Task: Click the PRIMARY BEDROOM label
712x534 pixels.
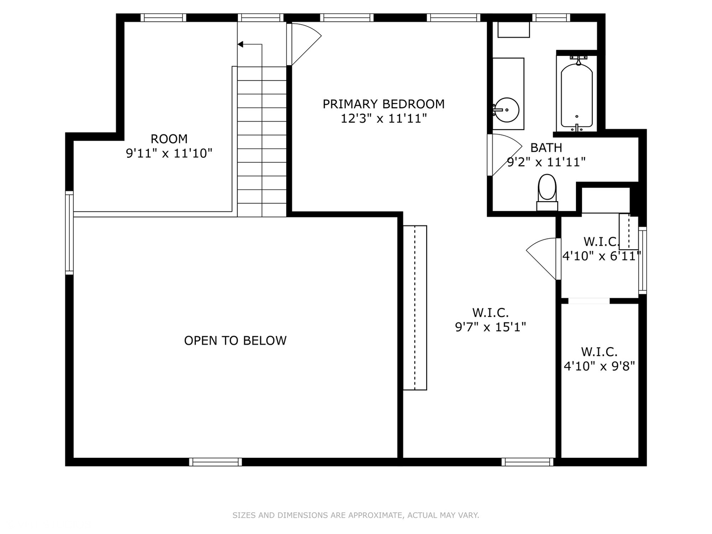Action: [383, 104]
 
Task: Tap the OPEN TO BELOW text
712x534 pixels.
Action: [235, 340]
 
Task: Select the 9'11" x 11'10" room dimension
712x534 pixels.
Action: [169, 153]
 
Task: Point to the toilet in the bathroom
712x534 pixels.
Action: [547, 191]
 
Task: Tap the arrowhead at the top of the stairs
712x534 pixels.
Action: [241, 44]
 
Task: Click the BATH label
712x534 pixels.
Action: [546, 147]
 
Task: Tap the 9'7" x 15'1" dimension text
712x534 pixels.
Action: [490, 327]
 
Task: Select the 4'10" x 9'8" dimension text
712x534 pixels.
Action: [599, 366]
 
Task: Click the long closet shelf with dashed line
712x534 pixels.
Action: [415, 308]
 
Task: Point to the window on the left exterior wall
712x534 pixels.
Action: [69, 232]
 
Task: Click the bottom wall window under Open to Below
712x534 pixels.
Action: [216, 462]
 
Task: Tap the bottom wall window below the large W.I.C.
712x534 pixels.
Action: [527, 462]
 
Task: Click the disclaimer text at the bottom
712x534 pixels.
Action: [356, 515]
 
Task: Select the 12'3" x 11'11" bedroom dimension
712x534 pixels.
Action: [383, 119]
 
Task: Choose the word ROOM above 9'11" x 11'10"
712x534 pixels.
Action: [169, 139]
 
